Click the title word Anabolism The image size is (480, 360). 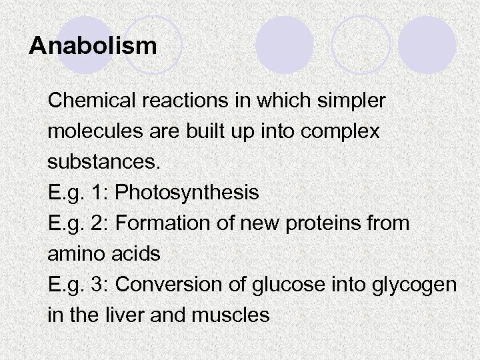pyautogui.click(x=93, y=46)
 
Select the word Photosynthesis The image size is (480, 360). pyautogui.click(x=187, y=193)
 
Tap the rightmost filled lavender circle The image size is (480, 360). pyautogui.click(x=427, y=44)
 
